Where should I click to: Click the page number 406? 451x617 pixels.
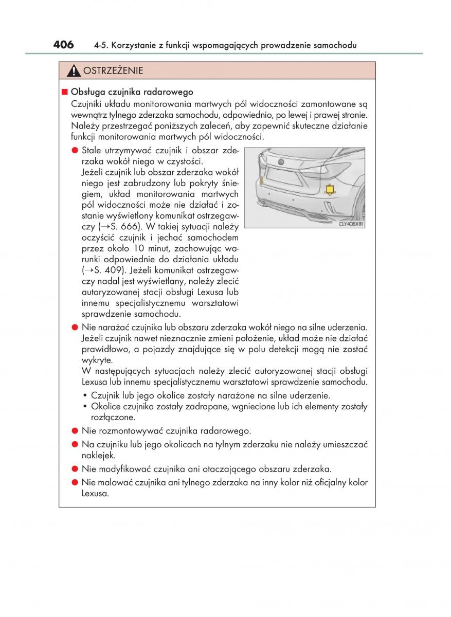tap(63, 45)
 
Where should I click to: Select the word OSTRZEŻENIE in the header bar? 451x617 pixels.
tap(113, 71)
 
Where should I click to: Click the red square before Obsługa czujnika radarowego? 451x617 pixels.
tap(64, 92)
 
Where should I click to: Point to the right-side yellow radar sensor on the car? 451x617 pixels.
tap(330, 190)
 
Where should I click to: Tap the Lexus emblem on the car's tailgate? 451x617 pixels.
tap(281, 162)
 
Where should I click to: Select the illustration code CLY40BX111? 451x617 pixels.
tap(351, 224)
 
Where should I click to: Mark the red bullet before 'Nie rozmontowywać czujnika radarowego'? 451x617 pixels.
tap(75, 431)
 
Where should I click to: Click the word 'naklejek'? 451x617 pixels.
tap(98, 456)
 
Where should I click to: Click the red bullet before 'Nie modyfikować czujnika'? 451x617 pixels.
tap(75, 469)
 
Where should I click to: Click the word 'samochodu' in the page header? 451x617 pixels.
tap(335, 46)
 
